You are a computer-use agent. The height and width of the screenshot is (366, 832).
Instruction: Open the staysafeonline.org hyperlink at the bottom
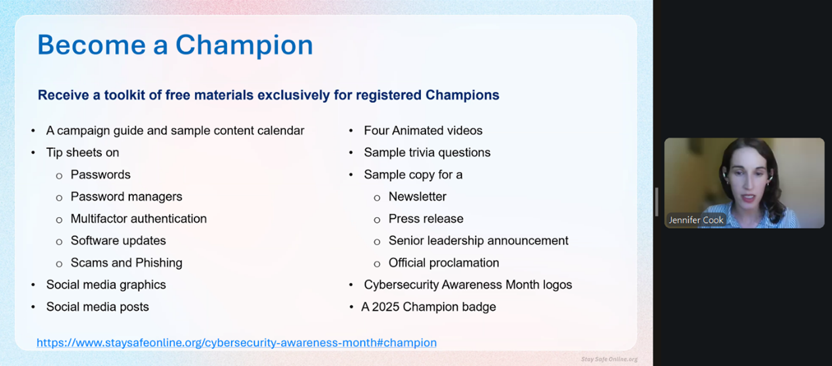pyautogui.click(x=236, y=342)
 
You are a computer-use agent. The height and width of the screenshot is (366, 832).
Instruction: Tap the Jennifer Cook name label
pyautogui.click(x=695, y=220)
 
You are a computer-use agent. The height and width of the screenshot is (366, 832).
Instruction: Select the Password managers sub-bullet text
pyautogui.click(x=126, y=197)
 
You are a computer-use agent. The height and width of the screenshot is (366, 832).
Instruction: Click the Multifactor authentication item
pyautogui.click(x=139, y=218)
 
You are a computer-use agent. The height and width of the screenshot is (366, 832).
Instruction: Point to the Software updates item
pyautogui.click(x=118, y=241)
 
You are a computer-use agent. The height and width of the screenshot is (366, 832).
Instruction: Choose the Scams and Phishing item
pyautogui.click(x=126, y=262)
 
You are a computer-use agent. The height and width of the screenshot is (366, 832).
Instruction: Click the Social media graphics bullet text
pyautogui.click(x=106, y=285)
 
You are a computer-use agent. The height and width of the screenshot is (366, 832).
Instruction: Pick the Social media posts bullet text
pyautogui.click(x=97, y=307)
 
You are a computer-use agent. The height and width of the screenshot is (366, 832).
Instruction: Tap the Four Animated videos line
pyautogui.click(x=423, y=131)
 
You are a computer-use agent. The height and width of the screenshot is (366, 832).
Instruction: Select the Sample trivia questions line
pyautogui.click(x=427, y=152)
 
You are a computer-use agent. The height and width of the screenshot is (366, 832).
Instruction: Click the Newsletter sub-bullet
pyautogui.click(x=418, y=197)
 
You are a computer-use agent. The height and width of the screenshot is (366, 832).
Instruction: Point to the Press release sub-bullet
pyautogui.click(x=426, y=219)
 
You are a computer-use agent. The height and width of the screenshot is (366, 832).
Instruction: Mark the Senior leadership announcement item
pyautogui.click(x=479, y=241)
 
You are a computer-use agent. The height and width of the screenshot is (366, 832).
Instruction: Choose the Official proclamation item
pyautogui.click(x=444, y=262)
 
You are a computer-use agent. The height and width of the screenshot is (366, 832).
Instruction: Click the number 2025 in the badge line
pyautogui.click(x=385, y=307)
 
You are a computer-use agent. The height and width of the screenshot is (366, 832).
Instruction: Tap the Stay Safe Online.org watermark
pyautogui.click(x=609, y=359)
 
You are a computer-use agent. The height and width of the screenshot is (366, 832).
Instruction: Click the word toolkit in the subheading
pyautogui.click(x=124, y=95)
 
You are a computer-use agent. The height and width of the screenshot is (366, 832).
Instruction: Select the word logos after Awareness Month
pyautogui.click(x=557, y=285)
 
